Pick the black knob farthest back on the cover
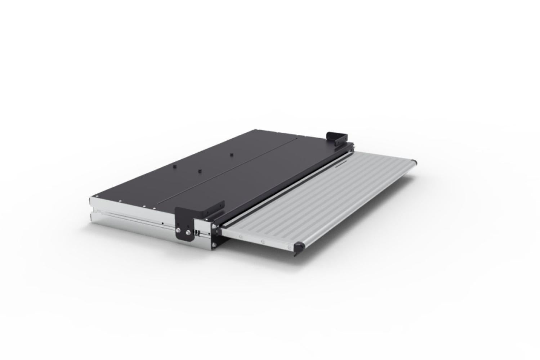231,155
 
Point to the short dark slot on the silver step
340,166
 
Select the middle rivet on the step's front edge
263,241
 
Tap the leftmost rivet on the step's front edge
240,237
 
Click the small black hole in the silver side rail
163,224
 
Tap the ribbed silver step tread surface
324,202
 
